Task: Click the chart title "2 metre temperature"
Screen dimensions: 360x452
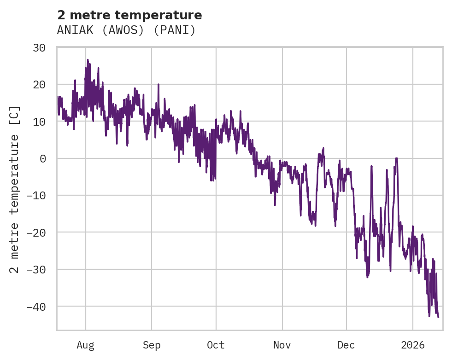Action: (x=129, y=15)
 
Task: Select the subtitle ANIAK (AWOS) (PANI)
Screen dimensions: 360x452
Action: (x=126, y=30)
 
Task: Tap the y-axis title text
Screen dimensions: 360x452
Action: (x=15, y=189)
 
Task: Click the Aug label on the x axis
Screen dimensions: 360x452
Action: (x=86, y=345)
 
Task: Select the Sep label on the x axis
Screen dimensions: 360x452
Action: (x=152, y=345)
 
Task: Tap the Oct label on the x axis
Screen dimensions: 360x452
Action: (x=216, y=345)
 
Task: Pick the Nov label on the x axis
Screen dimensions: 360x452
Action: (x=282, y=345)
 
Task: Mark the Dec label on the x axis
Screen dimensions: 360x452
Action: (x=346, y=345)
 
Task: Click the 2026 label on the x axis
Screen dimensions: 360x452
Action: (x=413, y=345)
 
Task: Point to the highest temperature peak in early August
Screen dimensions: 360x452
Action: (x=88, y=60)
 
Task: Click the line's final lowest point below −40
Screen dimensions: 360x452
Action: (x=438, y=317)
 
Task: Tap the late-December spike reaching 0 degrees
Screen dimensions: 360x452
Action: (x=396, y=158)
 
